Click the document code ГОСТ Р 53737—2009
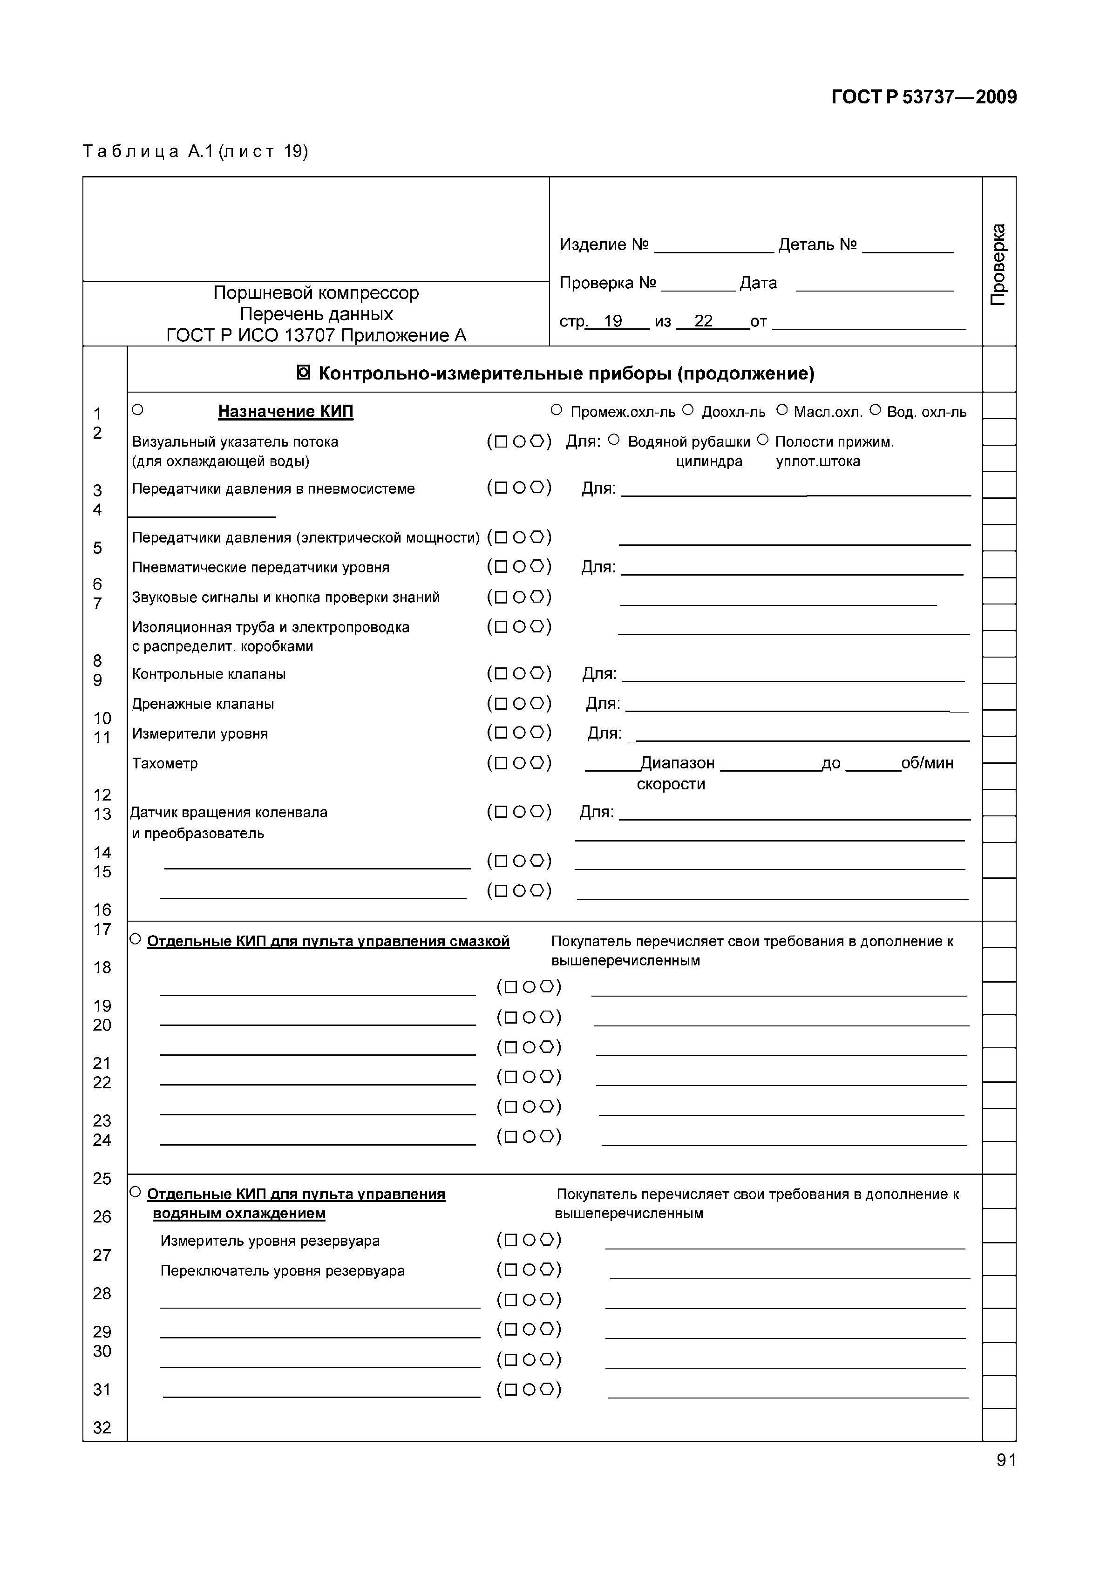pyautogui.click(x=923, y=97)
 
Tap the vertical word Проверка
pyautogui.click(x=998, y=264)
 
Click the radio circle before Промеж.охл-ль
pyautogui.click(x=557, y=410)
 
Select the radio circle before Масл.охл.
pyautogui.click(x=781, y=410)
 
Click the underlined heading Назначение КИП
pyautogui.click(x=285, y=412)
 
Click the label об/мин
pyautogui.click(x=927, y=763)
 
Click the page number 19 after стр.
pyautogui.click(x=613, y=321)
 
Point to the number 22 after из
pyautogui.click(x=703, y=321)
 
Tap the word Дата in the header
pyautogui.click(x=758, y=283)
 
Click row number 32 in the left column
pyautogui.click(x=102, y=1427)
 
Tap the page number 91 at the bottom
pyautogui.click(x=1005, y=1460)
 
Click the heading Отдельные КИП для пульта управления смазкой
pyautogui.click(x=328, y=942)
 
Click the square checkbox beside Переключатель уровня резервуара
pyautogui.click(x=511, y=1270)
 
